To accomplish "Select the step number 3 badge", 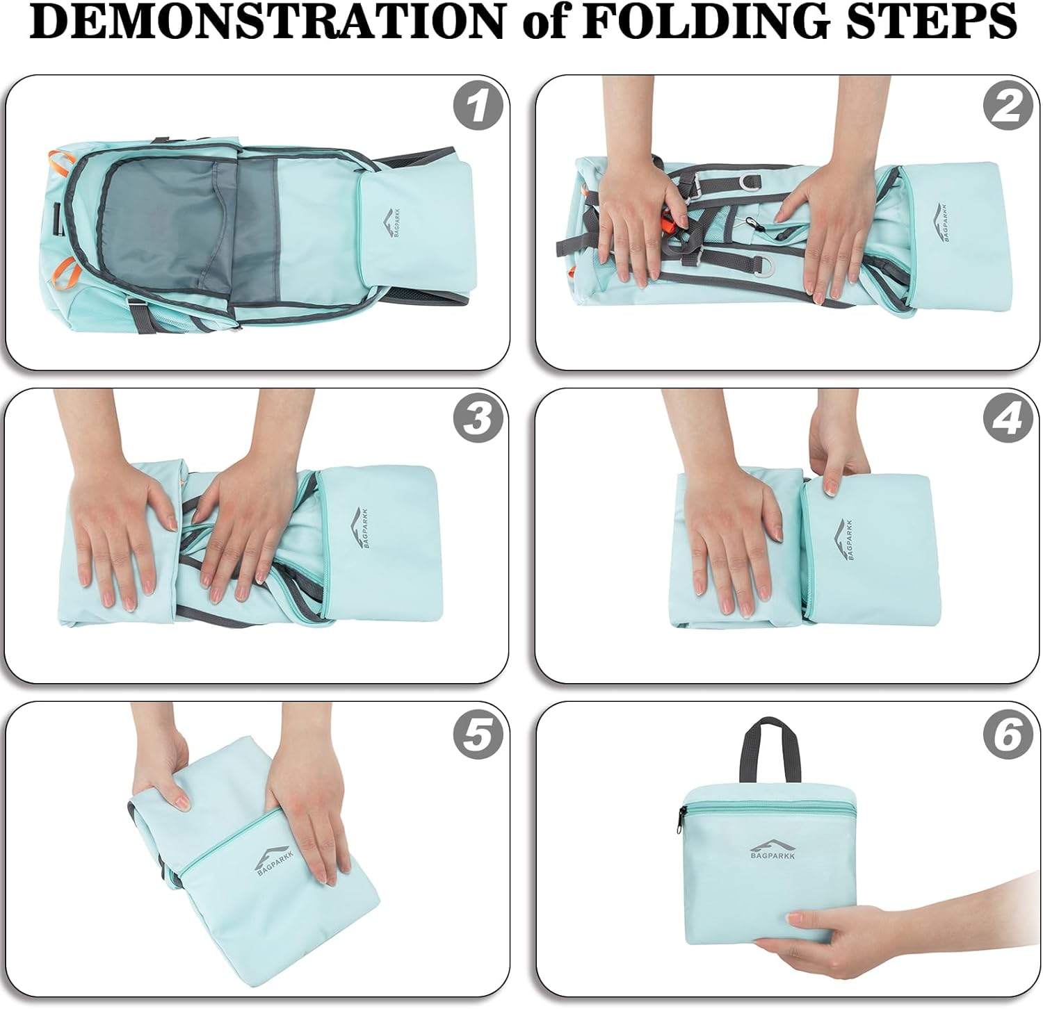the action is pos(477,419).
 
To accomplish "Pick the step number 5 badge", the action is pos(477,733).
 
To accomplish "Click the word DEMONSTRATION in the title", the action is pos(267,21).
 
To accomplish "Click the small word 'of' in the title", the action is pos(543,22).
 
